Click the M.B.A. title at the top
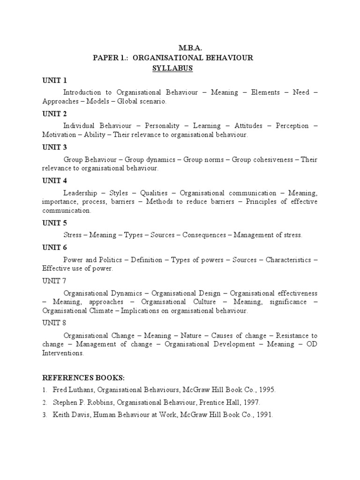point(190,48)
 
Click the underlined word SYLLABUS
point(172,68)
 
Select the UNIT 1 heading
point(55,80)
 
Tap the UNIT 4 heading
point(55,180)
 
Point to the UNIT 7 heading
point(54,281)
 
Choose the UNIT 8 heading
point(54,323)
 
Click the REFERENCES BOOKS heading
point(84,378)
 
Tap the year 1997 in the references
point(250,402)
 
